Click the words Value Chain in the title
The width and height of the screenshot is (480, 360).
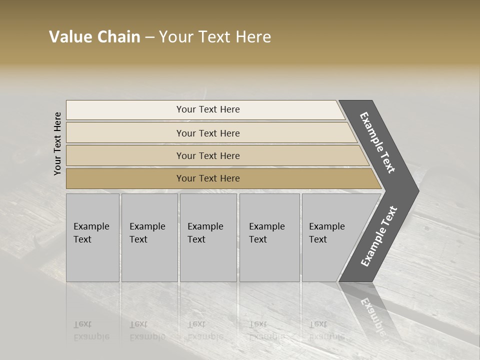coord(94,37)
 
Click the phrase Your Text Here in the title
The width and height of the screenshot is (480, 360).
coord(215,37)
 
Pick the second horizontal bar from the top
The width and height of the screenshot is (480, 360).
coord(207,133)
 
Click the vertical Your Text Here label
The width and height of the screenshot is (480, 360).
coord(57,144)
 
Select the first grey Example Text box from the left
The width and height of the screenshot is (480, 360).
coord(92,237)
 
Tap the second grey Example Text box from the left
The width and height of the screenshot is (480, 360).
coord(149,237)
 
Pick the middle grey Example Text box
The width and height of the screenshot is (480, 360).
coord(208,237)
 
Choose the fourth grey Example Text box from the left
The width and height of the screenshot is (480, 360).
coord(269,237)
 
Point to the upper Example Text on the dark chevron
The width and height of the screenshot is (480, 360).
coord(377,142)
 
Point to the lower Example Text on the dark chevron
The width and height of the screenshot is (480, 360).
coord(379,236)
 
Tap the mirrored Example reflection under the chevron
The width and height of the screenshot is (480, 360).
coord(372,315)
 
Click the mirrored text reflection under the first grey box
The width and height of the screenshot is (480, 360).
coord(91,330)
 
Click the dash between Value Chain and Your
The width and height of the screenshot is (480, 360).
coord(149,37)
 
